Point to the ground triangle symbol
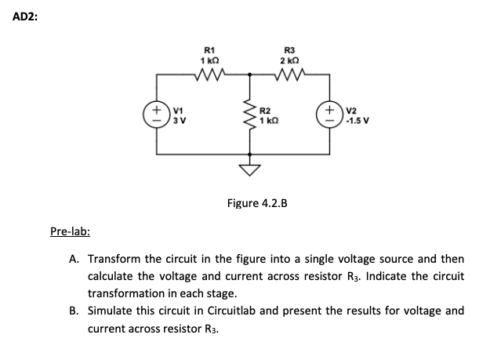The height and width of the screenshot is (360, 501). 250,171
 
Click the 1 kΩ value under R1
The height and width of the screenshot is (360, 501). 209,61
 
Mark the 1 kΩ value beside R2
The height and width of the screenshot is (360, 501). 268,122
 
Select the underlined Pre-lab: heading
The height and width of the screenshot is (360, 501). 70,231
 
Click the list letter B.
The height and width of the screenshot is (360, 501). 73,311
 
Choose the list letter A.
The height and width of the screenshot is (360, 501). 73,259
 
